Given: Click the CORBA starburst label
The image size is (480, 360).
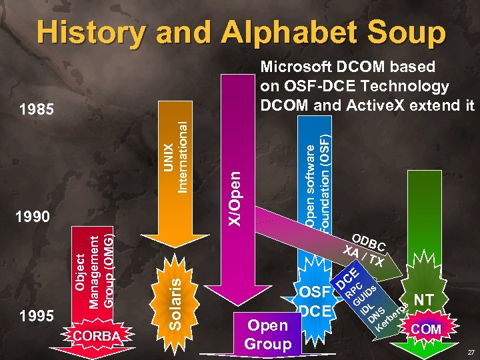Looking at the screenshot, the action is [97, 335].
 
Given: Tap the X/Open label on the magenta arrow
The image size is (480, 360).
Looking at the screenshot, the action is [235, 196].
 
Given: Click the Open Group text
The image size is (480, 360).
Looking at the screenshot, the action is [268, 334].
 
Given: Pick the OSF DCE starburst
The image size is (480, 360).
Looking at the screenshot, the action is [315, 301].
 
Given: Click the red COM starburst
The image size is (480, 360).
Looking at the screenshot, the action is [427, 329].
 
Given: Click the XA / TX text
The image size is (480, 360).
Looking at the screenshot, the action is [363, 257].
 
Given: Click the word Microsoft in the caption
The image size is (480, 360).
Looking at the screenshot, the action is [292, 67].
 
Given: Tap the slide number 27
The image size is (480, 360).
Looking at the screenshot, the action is [471, 352].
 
